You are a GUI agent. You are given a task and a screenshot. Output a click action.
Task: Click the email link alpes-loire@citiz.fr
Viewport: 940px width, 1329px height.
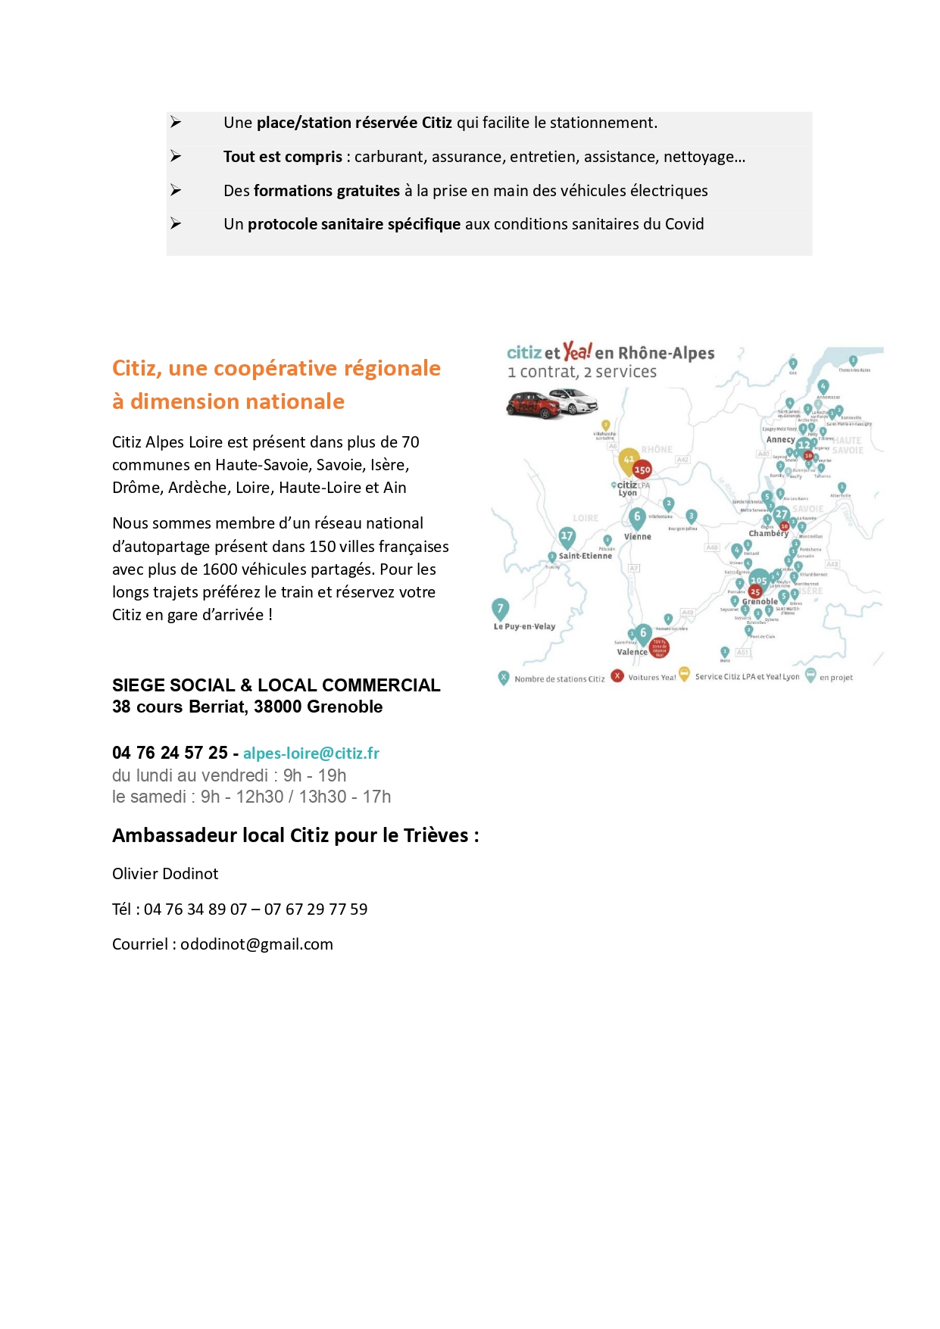[x=311, y=753]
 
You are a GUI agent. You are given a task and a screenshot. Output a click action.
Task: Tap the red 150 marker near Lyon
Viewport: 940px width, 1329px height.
[x=642, y=470]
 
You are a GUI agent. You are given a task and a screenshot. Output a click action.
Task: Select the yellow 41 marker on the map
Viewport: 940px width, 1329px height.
[x=629, y=459]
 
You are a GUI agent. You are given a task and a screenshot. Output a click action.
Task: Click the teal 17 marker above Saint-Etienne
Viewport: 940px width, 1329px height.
[x=567, y=536]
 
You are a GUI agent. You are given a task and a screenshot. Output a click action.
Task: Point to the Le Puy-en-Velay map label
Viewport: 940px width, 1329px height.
[x=524, y=627]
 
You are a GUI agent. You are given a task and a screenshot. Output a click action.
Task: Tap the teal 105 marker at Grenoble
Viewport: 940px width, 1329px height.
[x=758, y=580]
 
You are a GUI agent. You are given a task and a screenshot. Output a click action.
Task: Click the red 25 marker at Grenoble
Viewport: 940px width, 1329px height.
[x=755, y=591]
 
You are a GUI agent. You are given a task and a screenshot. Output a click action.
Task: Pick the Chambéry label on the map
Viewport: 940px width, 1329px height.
[x=768, y=534]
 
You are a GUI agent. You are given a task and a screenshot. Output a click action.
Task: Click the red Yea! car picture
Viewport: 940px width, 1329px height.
[x=533, y=404]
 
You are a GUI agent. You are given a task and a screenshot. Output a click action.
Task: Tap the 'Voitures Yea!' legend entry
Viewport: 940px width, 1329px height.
[x=651, y=678]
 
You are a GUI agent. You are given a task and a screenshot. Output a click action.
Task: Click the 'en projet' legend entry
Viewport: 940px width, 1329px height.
[x=835, y=678]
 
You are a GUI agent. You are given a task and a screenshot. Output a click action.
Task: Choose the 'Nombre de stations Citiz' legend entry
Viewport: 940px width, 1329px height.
[x=559, y=679]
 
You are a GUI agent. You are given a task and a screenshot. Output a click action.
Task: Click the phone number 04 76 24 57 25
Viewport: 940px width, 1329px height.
[x=170, y=753]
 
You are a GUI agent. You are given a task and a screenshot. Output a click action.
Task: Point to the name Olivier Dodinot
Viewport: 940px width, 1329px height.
[x=165, y=874]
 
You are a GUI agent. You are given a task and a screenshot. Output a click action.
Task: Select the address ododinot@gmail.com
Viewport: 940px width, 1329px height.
[x=257, y=944]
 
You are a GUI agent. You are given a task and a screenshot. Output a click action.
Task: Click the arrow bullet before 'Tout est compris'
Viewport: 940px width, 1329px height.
[x=176, y=157]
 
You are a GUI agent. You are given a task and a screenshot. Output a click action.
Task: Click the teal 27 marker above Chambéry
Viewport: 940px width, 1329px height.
[x=781, y=515]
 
